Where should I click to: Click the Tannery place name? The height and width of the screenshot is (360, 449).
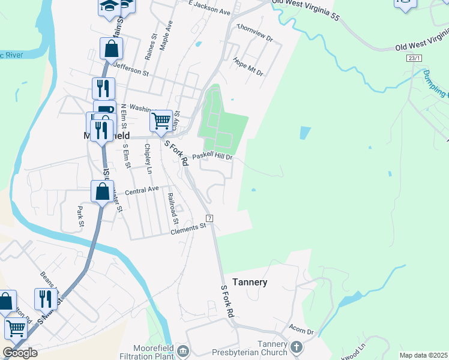point(249,281)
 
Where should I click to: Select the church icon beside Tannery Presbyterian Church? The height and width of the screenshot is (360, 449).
point(295,347)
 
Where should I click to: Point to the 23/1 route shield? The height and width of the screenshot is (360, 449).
point(414,58)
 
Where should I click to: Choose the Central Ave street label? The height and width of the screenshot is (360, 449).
point(142,190)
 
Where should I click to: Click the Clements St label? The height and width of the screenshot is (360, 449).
point(188,229)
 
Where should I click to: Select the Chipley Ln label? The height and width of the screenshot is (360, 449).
point(148,162)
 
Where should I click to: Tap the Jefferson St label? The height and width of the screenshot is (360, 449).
point(130,70)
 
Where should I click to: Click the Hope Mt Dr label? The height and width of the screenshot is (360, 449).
point(249,67)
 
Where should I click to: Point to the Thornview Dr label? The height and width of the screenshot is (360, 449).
point(255,34)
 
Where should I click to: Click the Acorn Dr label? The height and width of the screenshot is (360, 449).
point(301,331)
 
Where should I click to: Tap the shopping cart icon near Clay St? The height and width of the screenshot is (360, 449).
point(161,121)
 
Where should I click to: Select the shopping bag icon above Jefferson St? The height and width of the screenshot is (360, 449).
point(112,48)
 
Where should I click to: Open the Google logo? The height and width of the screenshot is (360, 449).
point(20,353)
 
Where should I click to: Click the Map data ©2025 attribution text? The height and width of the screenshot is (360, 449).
point(423,355)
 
